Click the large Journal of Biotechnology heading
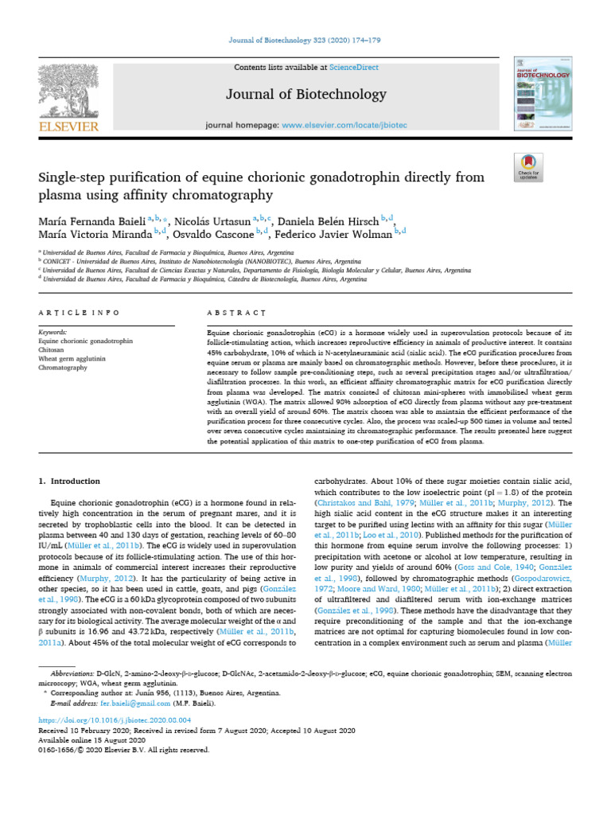pyautogui.click(x=305, y=95)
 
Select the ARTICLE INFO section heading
pyautogui.click(x=80, y=313)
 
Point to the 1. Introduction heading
pyautogui.click(x=70, y=481)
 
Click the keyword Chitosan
pyautogui.click(x=52, y=349)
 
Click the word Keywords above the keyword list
pyautogui.click(x=53, y=330)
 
